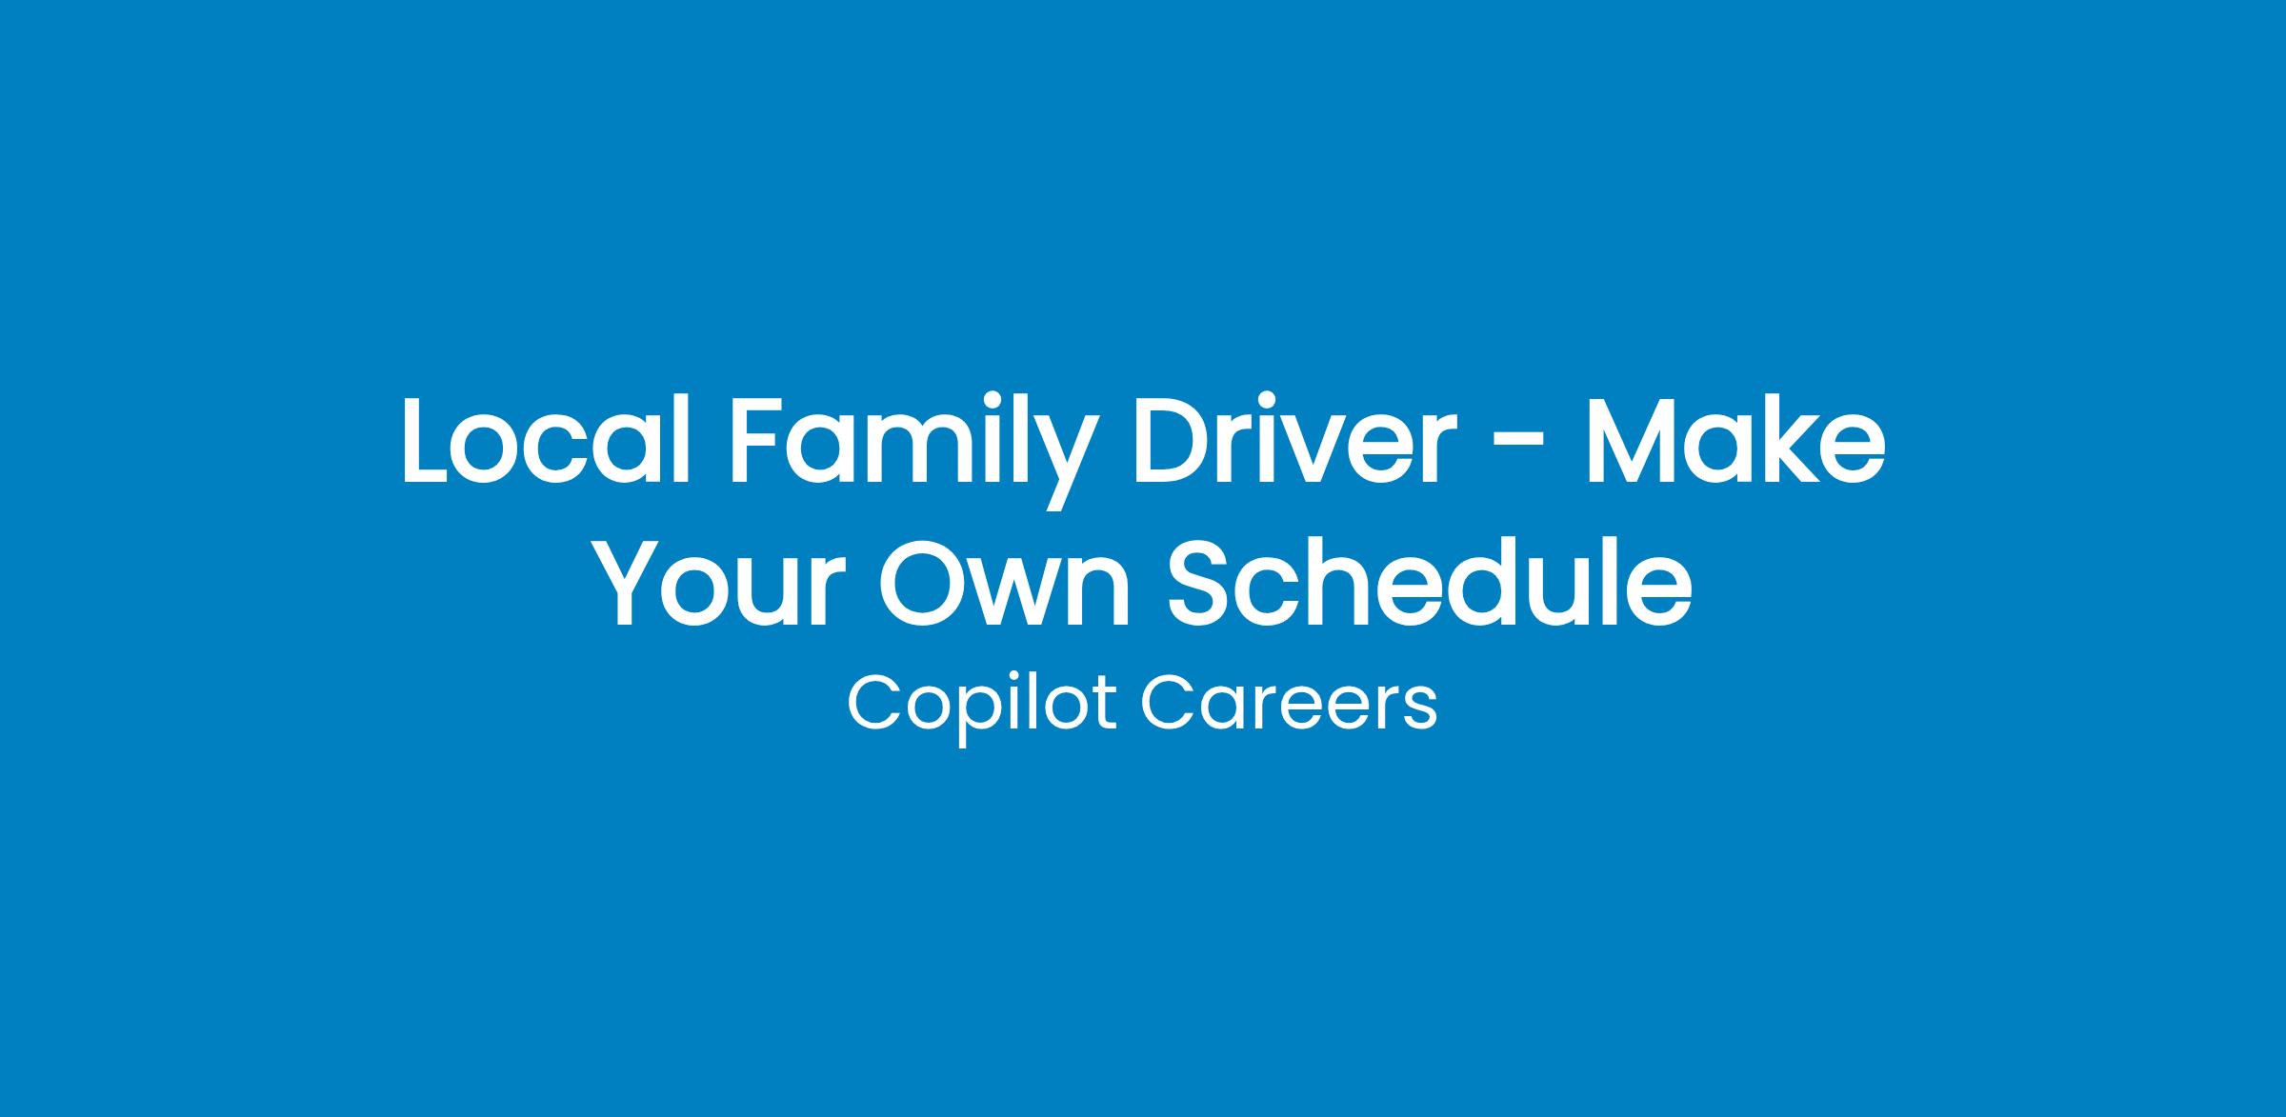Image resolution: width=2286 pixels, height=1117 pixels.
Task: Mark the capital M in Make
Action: [x=1636, y=440]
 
